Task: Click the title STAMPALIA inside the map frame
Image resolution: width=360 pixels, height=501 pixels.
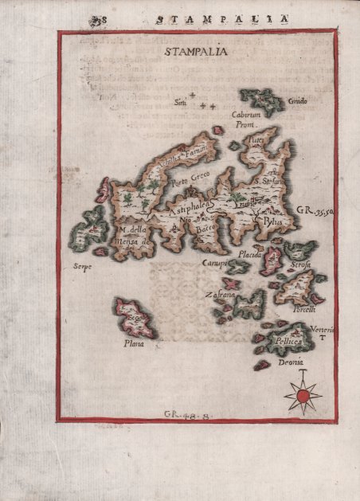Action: [194, 53]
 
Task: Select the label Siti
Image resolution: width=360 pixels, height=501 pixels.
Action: [180, 101]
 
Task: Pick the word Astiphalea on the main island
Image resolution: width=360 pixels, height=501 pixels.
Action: [190, 204]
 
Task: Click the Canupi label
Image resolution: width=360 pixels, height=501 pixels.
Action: [213, 263]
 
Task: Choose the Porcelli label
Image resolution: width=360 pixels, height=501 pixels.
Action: [303, 309]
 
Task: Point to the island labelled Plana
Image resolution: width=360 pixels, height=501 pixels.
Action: [136, 317]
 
